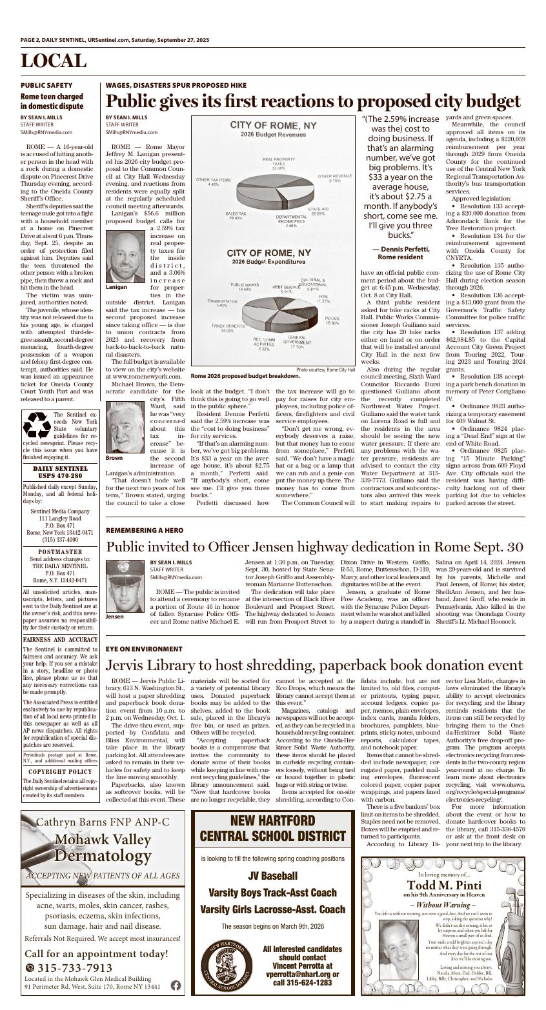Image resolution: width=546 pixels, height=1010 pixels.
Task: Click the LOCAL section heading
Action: (54, 61)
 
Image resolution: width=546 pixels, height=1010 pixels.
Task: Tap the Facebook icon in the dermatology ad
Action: (176, 985)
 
